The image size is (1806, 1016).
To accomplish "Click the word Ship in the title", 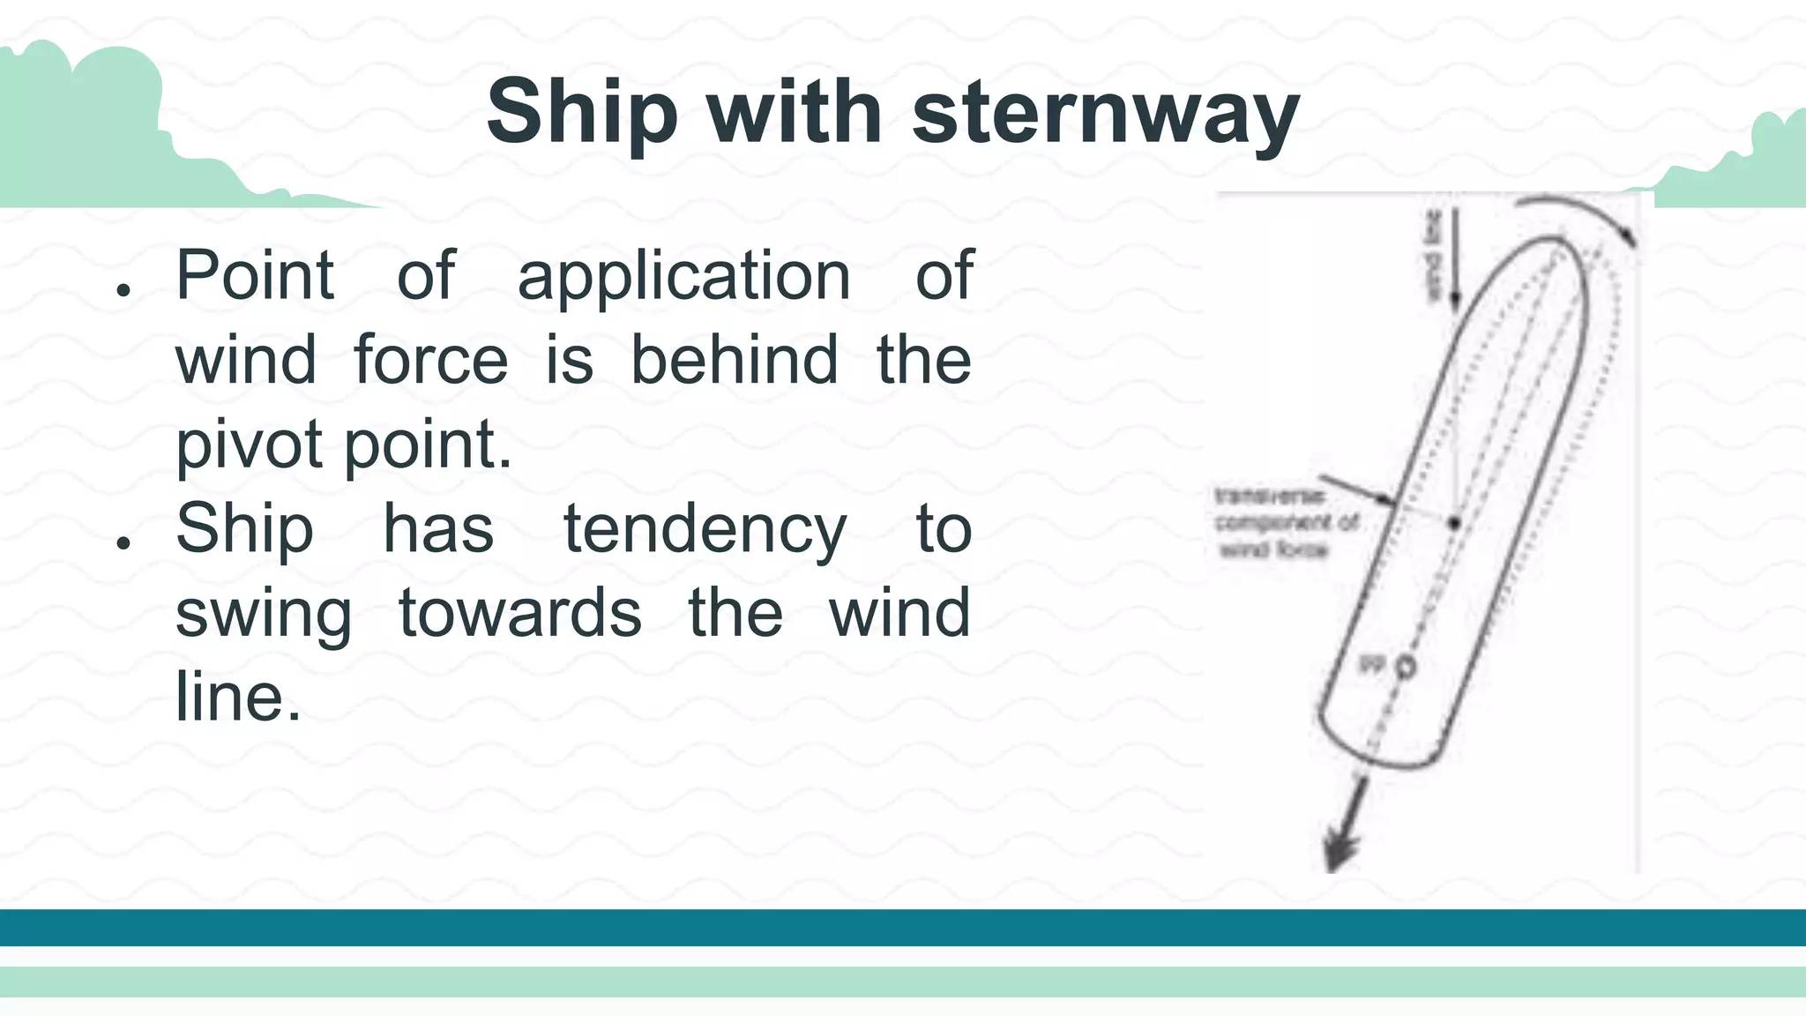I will [x=582, y=113].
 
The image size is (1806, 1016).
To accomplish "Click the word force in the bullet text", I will [x=430, y=361].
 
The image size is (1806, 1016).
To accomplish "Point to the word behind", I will [x=734, y=361].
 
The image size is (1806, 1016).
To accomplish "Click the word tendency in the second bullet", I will [x=705, y=529].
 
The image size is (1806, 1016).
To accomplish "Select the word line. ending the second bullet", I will [x=237, y=697].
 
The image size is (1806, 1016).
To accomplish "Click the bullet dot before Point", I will [x=123, y=289].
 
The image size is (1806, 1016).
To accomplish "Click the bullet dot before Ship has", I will [x=123, y=542].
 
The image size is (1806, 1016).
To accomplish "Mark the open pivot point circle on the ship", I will [x=1406, y=668].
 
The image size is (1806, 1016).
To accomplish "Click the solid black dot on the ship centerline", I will [x=1454, y=523].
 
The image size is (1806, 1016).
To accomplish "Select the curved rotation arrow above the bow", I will [x=1578, y=214].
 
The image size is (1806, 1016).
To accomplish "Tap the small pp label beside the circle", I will [x=1372, y=663].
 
